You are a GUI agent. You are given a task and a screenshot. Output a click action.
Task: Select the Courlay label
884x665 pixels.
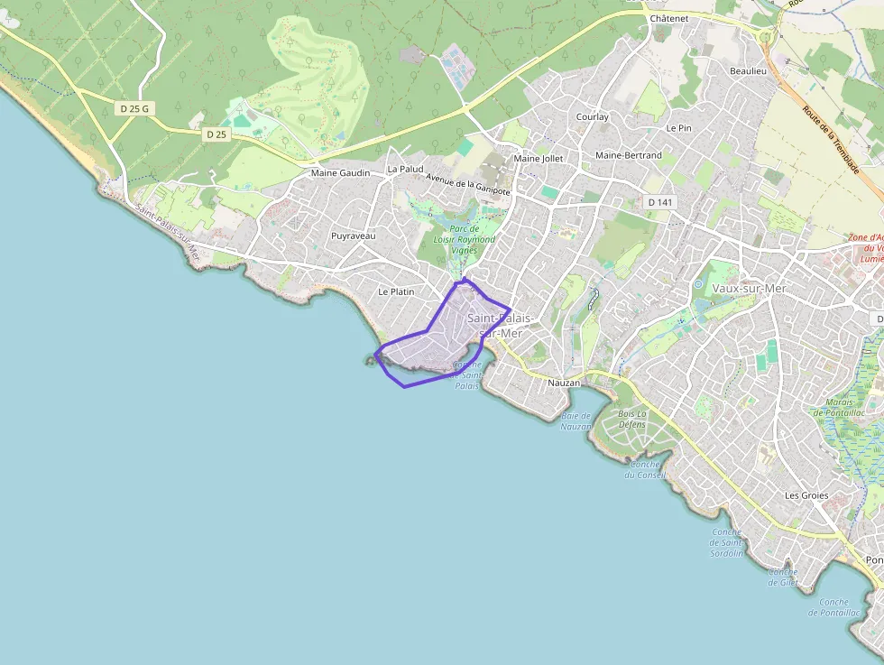(593, 116)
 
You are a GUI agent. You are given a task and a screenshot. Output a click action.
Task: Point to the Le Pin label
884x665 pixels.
(678, 128)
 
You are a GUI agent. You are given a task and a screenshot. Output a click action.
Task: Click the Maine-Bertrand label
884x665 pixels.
(629, 155)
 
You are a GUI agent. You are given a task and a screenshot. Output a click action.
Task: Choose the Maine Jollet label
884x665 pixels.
(538, 159)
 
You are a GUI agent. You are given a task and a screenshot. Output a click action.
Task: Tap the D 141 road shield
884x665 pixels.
(660, 202)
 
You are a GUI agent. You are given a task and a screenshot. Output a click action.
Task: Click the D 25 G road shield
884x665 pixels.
(134, 108)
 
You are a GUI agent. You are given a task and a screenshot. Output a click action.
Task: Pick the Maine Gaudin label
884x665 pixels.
(340, 173)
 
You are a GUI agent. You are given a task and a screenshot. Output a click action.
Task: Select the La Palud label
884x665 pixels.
(405, 169)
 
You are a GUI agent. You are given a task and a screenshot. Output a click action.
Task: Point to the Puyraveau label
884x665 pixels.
(354, 235)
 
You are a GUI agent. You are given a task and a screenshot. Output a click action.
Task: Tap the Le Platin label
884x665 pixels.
(396, 291)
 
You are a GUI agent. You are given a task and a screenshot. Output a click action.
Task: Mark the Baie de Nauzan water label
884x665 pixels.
(576, 420)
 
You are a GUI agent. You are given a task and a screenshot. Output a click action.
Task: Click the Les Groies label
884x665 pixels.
(806, 495)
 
